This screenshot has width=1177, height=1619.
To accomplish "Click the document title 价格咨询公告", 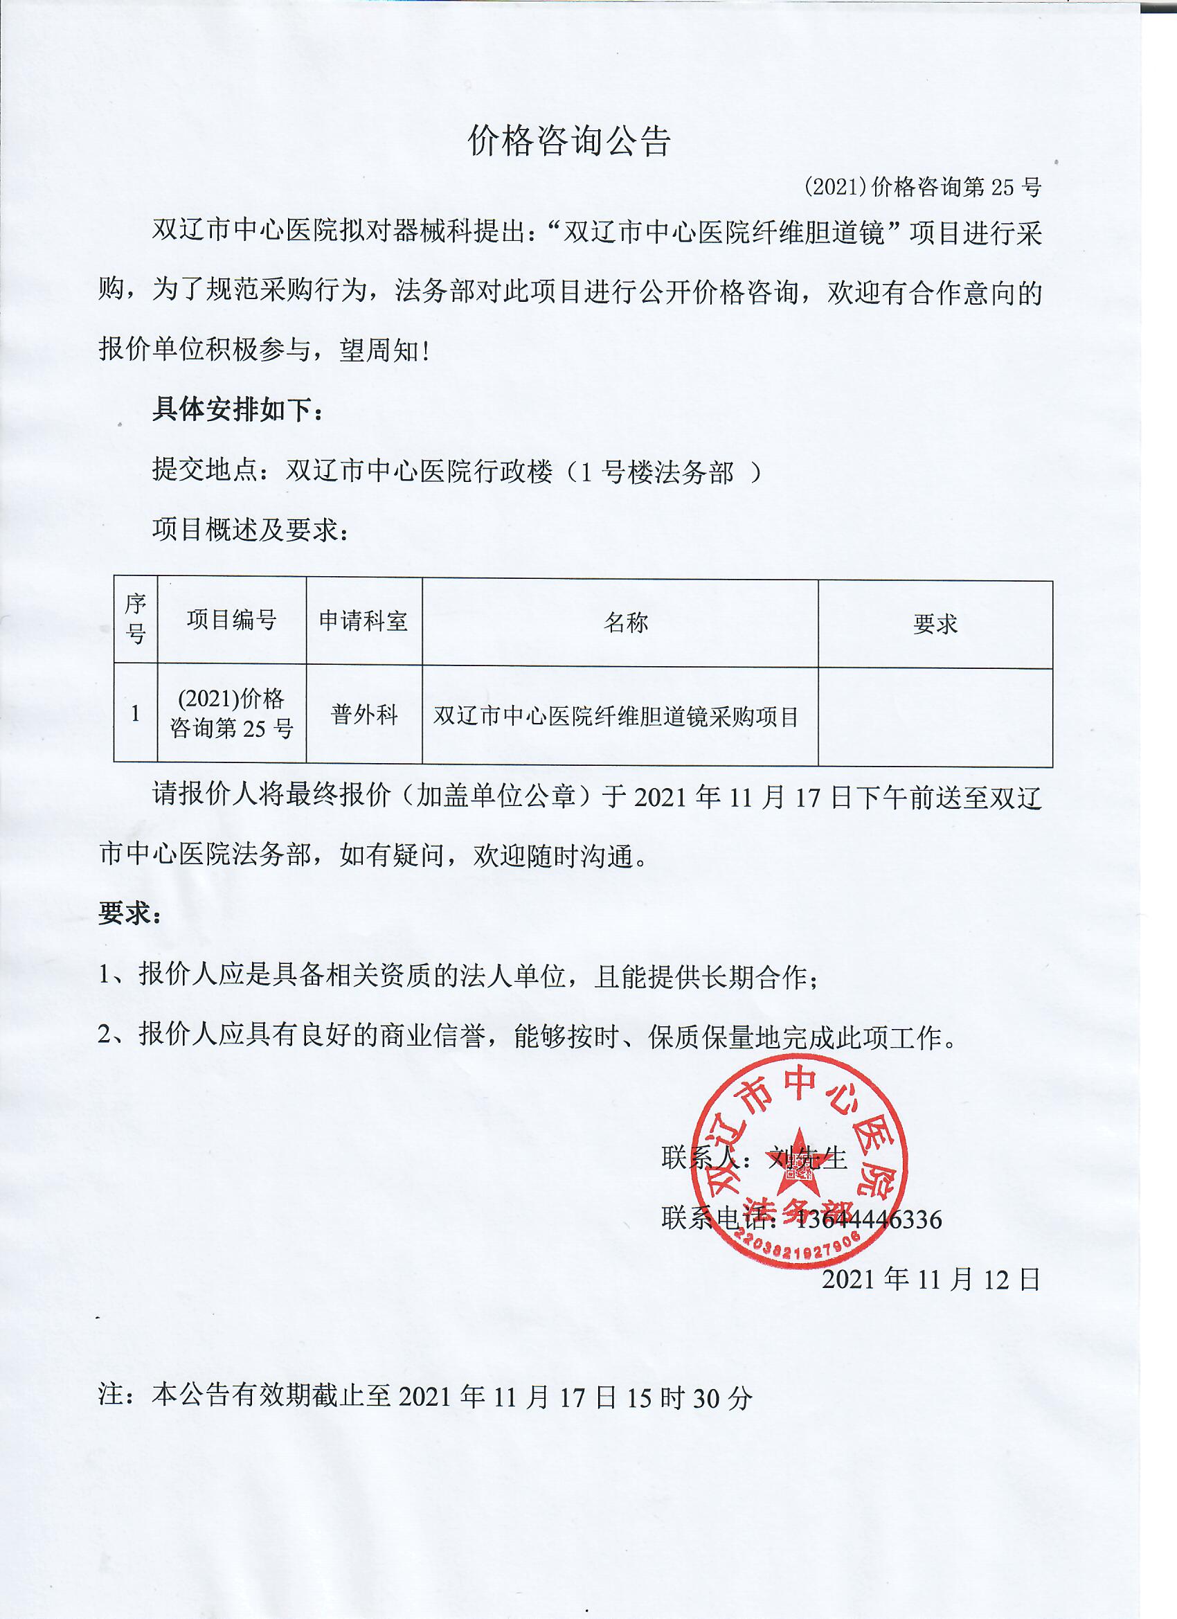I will [569, 141].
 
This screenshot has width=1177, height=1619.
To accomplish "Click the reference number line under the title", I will [922, 187].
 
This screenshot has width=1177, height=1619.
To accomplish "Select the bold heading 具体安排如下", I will [237, 410].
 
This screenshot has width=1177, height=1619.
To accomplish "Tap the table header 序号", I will [136, 619].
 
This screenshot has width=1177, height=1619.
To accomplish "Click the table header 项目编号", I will [231, 620].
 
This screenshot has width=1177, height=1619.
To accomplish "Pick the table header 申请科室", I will [363, 621].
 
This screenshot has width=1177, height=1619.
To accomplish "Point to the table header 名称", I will [625, 623].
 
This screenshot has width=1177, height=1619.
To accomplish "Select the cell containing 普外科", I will [363, 715].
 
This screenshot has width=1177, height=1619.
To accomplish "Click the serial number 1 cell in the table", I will [136, 713].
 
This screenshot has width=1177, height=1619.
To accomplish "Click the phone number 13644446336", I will [868, 1219].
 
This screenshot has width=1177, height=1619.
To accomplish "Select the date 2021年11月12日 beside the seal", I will [931, 1278].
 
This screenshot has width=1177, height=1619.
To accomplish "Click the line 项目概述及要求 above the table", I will [250, 530].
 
